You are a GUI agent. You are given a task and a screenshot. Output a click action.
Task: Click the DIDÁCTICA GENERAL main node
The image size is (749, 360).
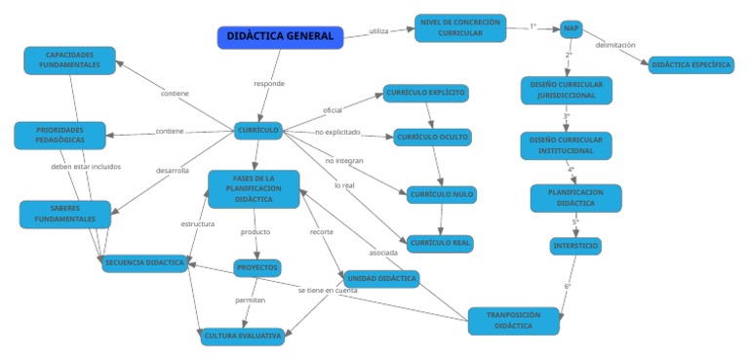tap(280, 37)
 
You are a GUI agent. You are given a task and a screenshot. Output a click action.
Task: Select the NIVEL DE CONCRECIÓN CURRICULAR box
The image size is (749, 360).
tap(460, 28)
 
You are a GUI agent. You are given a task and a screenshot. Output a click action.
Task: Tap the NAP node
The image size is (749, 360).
tap(572, 28)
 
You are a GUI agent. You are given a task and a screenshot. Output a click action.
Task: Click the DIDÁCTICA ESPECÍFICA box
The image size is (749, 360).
tap(690, 64)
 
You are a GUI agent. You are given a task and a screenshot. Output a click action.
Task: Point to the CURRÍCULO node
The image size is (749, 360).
tap(258, 130)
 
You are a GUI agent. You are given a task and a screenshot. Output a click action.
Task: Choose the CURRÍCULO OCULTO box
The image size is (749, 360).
tap(432, 138)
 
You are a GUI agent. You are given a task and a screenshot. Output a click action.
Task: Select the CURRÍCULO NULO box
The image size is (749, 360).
tap(441, 194)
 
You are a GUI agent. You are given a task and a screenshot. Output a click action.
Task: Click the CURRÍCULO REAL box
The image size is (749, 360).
tap(440, 242)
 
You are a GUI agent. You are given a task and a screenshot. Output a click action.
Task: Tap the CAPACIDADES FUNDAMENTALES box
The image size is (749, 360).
tap(69, 60)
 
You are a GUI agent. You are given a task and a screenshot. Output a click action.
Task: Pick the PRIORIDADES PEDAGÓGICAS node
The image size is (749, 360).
tap(59, 135)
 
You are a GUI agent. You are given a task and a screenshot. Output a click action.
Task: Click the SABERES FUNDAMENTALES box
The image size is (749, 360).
tap(65, 214)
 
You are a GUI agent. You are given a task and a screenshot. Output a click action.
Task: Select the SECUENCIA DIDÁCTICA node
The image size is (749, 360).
tap(144, 263)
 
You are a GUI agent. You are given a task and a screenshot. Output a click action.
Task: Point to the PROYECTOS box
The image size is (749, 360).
tap(257, 267)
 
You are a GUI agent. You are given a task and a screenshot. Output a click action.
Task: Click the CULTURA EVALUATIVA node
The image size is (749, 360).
tap(243, 337)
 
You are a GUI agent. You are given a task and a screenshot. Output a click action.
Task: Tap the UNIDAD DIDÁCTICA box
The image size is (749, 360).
tap(381, 279)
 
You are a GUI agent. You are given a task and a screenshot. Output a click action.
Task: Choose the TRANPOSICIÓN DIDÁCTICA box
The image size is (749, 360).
tap(513, 321)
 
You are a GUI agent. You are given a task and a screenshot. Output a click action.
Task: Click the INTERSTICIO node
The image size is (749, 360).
tap(575, 246)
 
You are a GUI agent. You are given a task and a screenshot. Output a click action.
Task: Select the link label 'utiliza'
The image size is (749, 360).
tap(378, 31)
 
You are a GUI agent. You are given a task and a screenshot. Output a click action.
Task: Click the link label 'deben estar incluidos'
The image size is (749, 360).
tap(86, 167)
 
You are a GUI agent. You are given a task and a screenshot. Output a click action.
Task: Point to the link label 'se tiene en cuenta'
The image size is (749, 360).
tap(328, 291)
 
